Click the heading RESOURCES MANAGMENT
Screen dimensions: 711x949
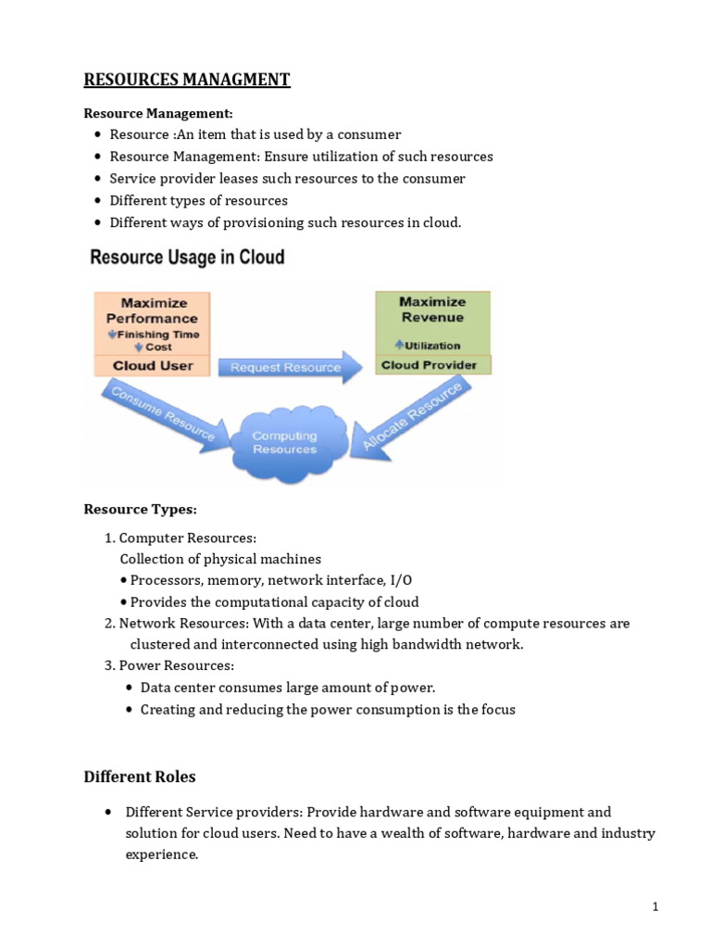(x=187, y=80)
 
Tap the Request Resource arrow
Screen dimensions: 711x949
(x=290, y=367)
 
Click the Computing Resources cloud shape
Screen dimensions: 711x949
(x=285, y=442)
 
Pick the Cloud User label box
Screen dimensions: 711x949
(x=153, y=365)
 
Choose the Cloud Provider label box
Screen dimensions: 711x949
(x=433, y=365)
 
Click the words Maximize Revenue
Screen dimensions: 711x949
(x=432, y=310)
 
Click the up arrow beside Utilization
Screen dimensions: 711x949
(x=399, y=345)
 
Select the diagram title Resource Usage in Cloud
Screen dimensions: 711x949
(x=187, y=258)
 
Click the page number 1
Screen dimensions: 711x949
(x=655, y=906)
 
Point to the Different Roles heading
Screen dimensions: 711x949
(x=140, y=777)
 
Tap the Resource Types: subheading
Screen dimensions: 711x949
(x=141, y=509)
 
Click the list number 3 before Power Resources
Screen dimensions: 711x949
(x=109, y=665)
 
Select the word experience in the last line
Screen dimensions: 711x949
(x=161, y=854)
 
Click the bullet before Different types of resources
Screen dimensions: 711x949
(x=98, y=200)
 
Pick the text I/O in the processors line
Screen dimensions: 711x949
(x=401, y=580)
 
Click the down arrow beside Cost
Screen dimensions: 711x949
(x=139, y=347)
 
